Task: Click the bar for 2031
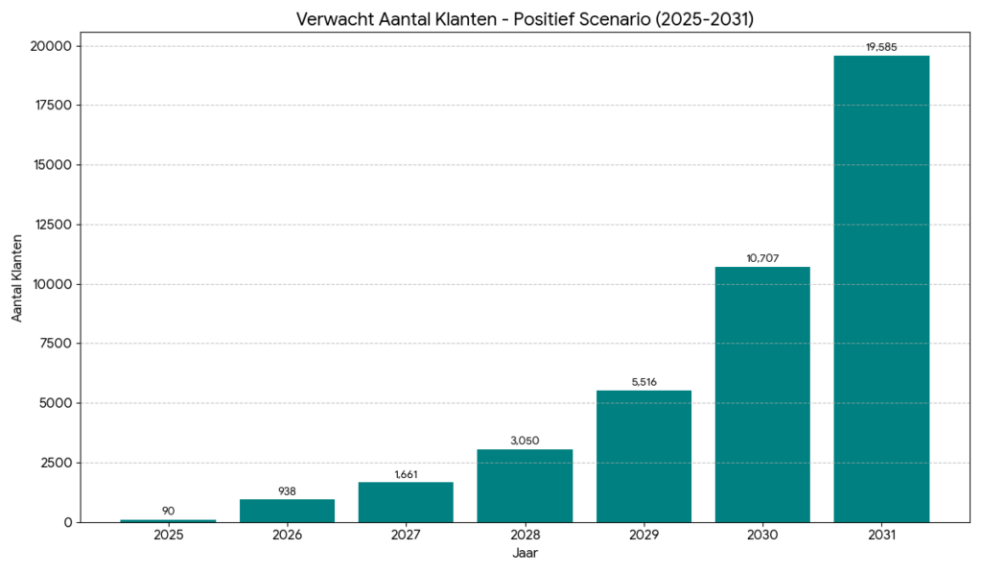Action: (881, 288)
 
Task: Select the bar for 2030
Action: (762, 394)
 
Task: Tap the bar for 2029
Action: (643, 456)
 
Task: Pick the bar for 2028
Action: (525, 486)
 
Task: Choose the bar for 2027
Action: (406, 502)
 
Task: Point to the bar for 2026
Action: (287, 511)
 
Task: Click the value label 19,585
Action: (881, 46)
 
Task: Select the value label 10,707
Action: (762, 258)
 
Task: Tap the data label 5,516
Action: (643, 382)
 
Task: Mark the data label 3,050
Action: (525, 441)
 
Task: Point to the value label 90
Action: (168, 511)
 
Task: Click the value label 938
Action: (287, 490)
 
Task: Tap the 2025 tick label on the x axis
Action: (168, 535)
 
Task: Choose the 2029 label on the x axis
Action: (643, 535)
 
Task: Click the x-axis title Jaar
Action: (525, 553)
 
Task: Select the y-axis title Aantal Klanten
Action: (18, 284)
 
